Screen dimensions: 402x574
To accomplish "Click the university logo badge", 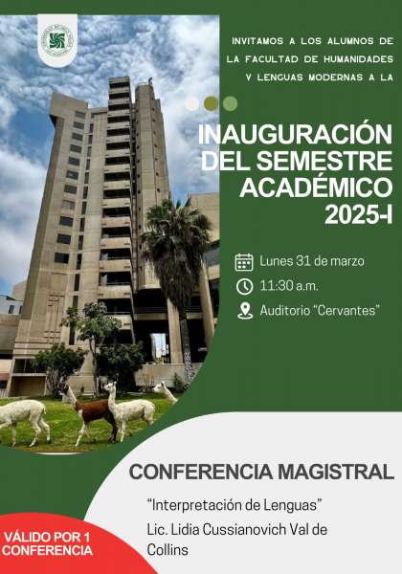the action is [57, 40].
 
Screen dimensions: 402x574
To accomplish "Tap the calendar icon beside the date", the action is [244, 262].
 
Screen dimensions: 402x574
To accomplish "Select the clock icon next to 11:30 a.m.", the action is [244, 286].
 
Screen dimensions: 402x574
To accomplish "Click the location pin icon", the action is [245, 311].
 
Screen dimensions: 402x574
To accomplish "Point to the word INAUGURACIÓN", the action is [295, 135].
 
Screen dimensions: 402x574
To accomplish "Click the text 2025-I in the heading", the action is [358, 213].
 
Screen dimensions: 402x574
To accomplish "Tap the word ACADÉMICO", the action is [316, 187].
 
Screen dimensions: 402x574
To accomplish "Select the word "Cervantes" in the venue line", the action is [346, 310].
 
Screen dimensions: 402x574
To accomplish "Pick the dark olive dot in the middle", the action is [212, 103].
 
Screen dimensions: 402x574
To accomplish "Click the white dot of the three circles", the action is [192, 103].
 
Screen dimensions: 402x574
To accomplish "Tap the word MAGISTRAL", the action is [336, 472].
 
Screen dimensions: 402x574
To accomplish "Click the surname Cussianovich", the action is [244, 529].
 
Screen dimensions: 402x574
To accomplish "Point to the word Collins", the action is [167, 549].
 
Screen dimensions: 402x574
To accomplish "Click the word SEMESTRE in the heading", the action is [324, 161].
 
